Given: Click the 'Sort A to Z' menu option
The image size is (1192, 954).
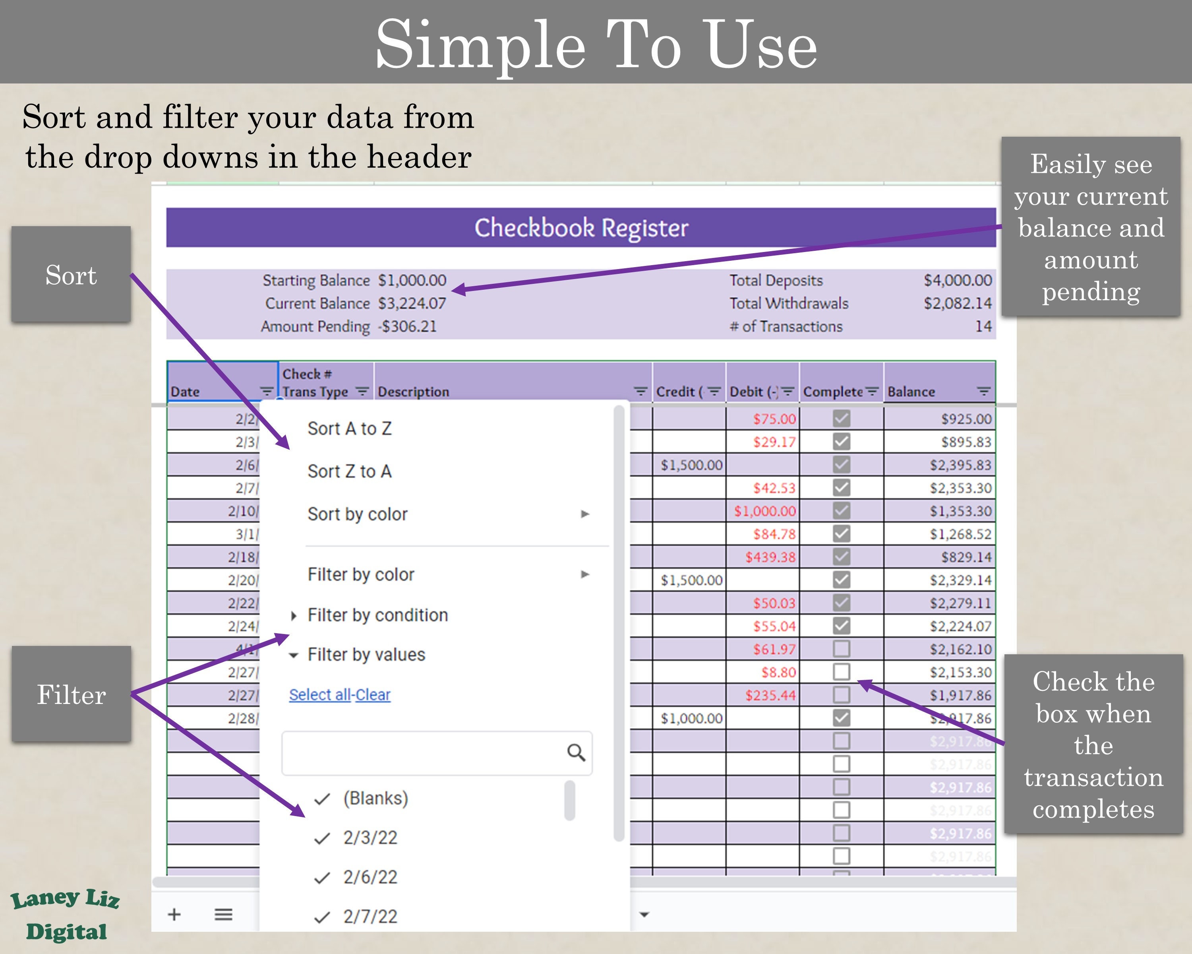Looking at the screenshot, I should tap(349, 429).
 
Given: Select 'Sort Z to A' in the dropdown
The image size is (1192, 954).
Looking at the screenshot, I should tap(349, 471).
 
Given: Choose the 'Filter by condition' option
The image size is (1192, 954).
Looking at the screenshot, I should tap(377, 615).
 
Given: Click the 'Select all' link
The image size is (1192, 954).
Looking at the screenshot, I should tap(321, 694).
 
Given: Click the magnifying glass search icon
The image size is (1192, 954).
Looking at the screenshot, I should tap(576, 753).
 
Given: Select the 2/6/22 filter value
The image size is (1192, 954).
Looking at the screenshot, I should tap(370, 877).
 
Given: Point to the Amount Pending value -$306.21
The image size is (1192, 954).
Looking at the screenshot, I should tap(408, 326).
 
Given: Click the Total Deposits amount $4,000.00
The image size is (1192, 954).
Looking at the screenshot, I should tap(958, 280).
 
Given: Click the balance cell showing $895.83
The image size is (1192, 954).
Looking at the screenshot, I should tap(966, 442).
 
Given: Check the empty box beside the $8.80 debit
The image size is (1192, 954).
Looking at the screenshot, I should tap(841, 672).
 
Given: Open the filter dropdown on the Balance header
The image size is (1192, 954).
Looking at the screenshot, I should tap(983, 392).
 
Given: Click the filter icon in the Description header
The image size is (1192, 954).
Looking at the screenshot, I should tap(640, 392).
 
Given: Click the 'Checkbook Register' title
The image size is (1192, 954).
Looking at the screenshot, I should tap(581, 228).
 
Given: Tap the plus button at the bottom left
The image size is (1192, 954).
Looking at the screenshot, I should tap(174, 914).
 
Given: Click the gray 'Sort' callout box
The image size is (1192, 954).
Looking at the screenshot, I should tap(71, 274).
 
